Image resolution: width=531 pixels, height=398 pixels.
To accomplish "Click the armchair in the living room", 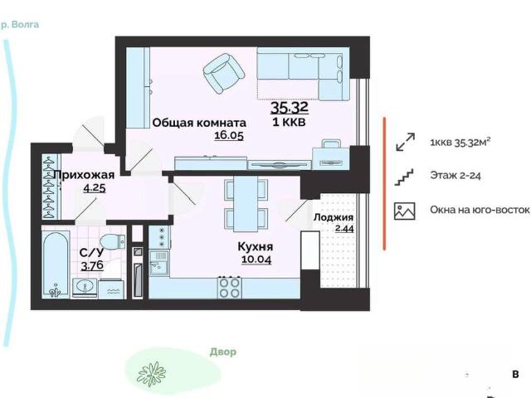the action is point(224,73).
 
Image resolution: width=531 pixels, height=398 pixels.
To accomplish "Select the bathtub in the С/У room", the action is point(56,265).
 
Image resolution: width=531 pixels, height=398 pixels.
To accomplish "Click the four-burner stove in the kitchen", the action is point(230,288).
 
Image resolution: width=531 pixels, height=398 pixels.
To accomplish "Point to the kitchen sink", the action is point(158,263).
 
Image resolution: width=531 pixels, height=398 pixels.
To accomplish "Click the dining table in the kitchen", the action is point(246,204).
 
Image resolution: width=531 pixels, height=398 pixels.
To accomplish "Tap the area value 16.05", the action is point(229,135).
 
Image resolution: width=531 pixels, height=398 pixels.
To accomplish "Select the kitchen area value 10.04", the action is point(256,260).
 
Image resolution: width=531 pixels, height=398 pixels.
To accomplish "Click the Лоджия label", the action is point(334,217).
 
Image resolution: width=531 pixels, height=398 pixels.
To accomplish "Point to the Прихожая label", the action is point(84,175).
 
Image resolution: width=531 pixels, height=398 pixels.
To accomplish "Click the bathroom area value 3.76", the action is point(92,265).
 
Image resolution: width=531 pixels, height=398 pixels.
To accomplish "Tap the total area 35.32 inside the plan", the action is point(290,107).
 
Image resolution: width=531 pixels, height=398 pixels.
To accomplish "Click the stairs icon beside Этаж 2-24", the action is point(404,177).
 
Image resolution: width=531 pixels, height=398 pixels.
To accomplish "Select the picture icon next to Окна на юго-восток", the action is point(404,211).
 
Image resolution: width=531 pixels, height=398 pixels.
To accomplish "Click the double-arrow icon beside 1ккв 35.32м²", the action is point(405,142).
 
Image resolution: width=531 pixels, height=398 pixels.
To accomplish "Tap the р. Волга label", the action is point(20,25).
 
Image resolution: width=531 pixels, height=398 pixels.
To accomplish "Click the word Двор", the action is point(223,352).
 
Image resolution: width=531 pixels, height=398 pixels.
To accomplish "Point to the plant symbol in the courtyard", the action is point(151,374).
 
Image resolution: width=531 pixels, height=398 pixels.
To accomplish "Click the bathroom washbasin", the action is point(85,289).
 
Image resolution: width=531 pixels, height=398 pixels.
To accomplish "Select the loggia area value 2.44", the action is point(344,229).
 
